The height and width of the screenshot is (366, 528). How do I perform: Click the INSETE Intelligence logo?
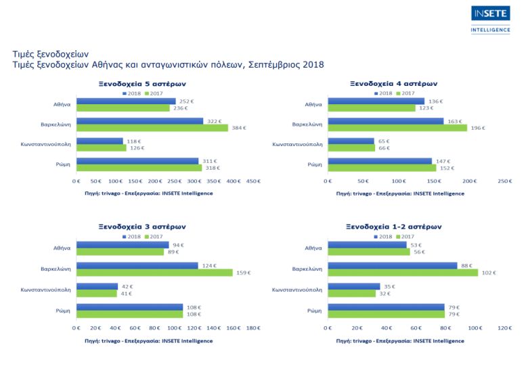click(491, 19)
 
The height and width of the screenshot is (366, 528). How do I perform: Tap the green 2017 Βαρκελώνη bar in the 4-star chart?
click(397, 128)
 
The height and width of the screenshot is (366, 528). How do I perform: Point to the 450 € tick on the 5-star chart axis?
click(253, 181)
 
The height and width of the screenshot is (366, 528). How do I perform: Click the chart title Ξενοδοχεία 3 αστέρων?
click(140, 227)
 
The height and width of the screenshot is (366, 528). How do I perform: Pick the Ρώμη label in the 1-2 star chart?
click(314, 311)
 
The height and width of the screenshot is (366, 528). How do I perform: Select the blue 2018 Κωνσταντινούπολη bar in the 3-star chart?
click(97, 286)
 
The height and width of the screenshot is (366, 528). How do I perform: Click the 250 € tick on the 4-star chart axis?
click(504, 181)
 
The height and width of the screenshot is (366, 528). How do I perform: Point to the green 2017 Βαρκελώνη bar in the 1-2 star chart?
click(402, 273)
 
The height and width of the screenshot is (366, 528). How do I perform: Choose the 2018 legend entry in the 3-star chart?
click(131, 236)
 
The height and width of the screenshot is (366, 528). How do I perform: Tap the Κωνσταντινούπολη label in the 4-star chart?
click(297, 144)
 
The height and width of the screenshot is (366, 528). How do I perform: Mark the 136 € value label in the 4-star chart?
click(435, 101)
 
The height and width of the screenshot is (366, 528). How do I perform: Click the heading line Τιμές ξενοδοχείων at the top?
click(51, 53)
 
